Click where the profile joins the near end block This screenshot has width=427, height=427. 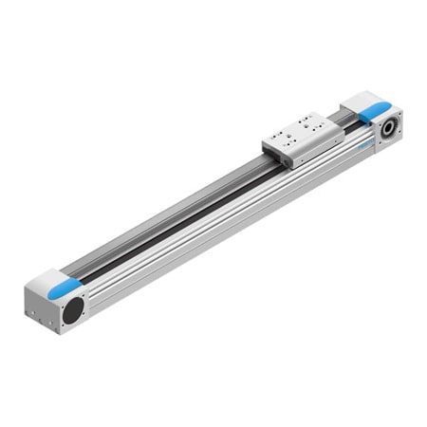[x=90, y=289]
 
